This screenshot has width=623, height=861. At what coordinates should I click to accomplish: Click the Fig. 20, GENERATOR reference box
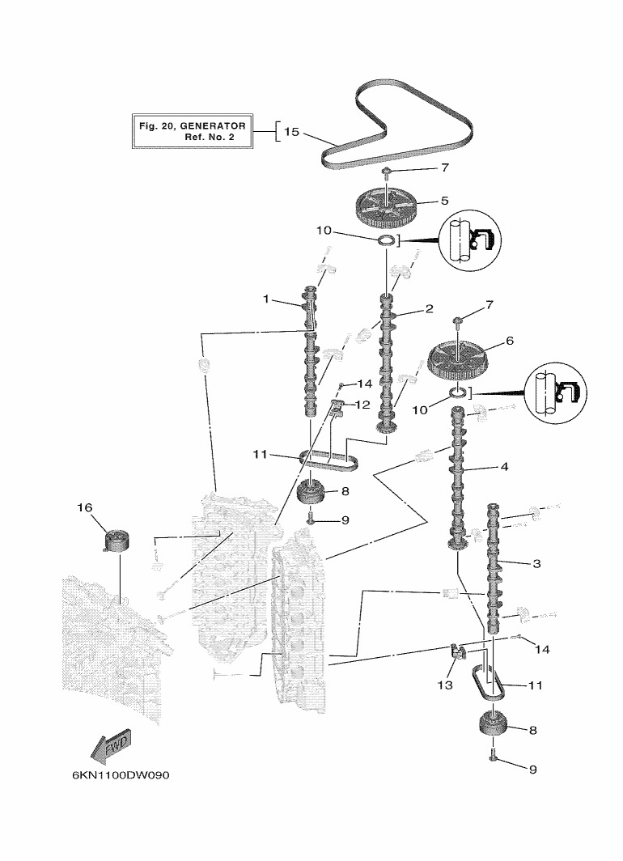coord(192,131)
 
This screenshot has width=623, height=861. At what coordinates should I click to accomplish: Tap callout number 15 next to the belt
coord(291,132)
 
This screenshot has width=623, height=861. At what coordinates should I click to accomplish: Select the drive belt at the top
coord(396,124)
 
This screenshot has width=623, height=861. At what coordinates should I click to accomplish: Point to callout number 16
coord(84,507)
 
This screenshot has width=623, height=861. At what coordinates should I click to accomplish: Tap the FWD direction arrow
coord(111,746)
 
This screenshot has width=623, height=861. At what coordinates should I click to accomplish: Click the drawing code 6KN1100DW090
coord(121,775)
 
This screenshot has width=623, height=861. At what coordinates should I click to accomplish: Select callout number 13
coord(445,685)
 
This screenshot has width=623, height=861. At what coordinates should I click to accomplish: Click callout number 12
coord(362,405)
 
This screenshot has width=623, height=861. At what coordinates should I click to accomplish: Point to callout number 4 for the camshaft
coord(504,467)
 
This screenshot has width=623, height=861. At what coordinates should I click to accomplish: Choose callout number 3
coord(536,563)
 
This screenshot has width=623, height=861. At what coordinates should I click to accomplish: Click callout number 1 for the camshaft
coord(266,299)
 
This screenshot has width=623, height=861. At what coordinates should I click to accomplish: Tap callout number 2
coord(430,308)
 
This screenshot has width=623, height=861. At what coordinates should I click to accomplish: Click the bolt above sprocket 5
coord(387,175)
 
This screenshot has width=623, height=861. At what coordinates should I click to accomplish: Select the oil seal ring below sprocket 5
coord(387,240)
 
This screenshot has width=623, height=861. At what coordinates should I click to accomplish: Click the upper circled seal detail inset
coord(470,240)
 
